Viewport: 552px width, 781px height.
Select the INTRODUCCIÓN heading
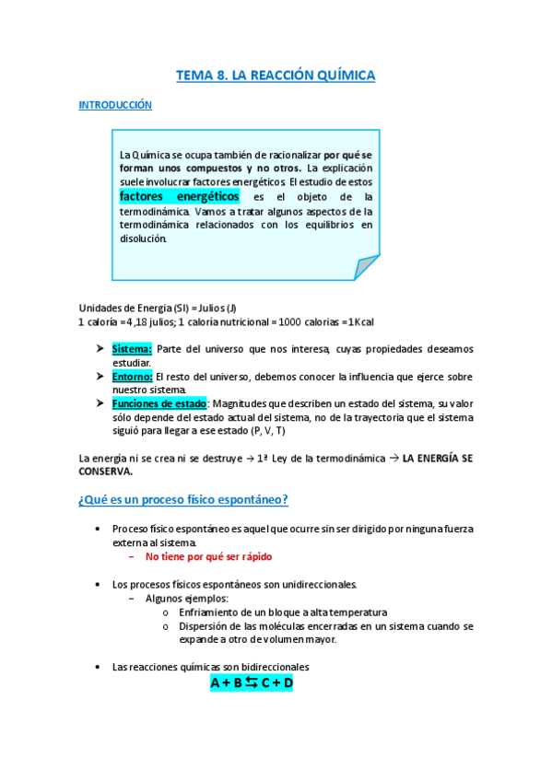(115, 106)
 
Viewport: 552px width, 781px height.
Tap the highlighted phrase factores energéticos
(180, 196)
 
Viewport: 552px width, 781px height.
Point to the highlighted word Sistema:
(132, 349)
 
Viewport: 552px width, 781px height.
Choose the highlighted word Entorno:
(133, 377)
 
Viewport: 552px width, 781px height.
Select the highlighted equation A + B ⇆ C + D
(252, 682)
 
